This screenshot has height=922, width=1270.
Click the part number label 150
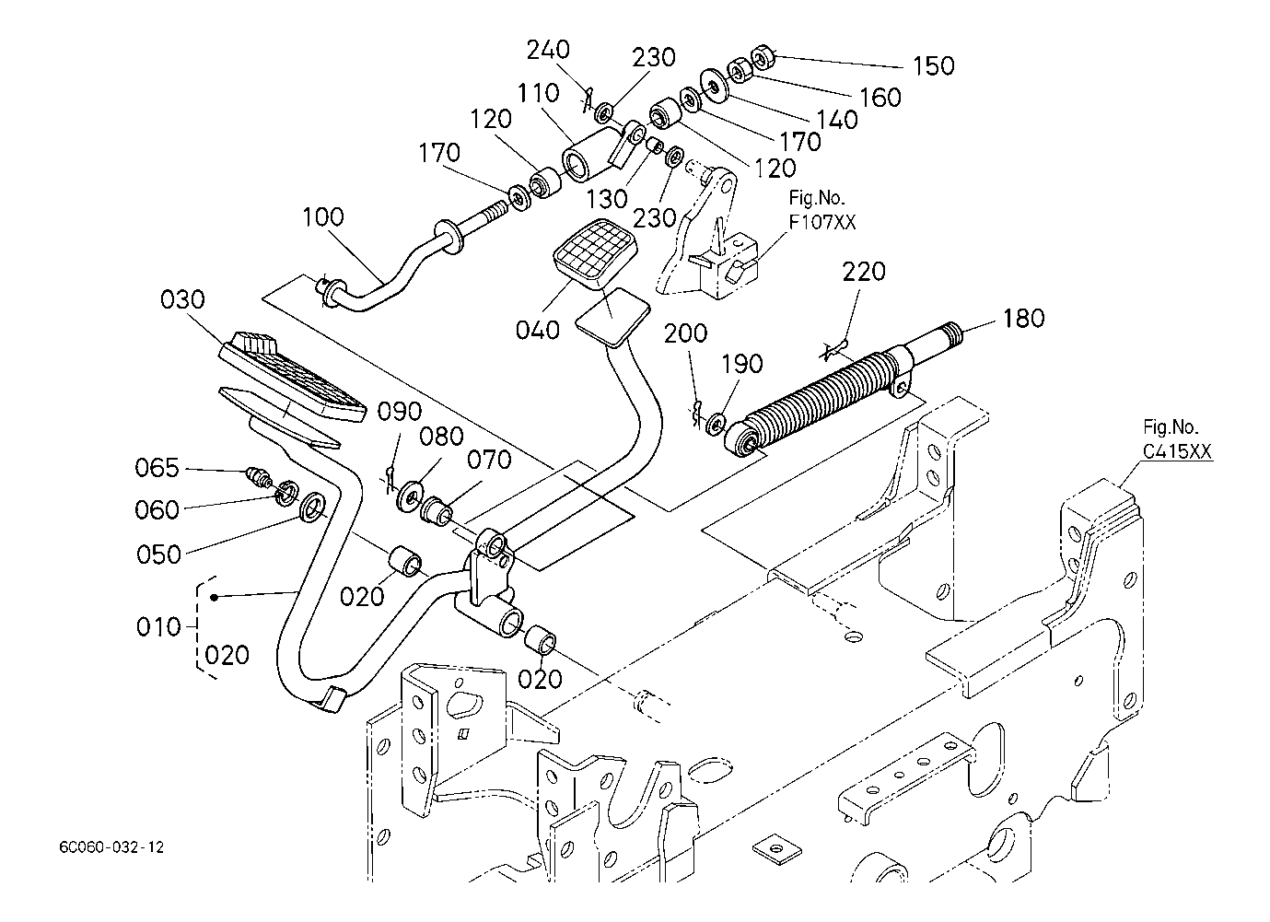coord(933,66)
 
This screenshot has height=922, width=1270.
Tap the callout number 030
coord(182,299)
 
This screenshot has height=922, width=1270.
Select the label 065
coord(157,468)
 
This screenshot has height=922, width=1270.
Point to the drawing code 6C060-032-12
coord(111,847)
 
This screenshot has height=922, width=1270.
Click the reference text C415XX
coord(1177,451)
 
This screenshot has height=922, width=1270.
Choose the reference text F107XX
coord(822,222)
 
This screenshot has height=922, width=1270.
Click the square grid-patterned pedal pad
coord(595,254)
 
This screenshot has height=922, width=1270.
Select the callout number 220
coord(864,272)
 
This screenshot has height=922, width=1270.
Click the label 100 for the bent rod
coord(322,217)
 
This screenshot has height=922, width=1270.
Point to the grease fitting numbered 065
coord(260,477)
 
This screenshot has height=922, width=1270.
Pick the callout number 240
coord(548,50)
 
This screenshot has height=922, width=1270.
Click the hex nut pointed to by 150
coord(760,56)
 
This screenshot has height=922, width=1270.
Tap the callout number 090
coord(399,412)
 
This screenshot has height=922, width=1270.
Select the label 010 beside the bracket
coord(157,627)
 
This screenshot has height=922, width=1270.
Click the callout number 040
coord(538,330)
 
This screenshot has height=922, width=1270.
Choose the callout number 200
coord(685,333)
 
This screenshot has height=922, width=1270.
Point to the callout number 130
coord(607,200)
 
